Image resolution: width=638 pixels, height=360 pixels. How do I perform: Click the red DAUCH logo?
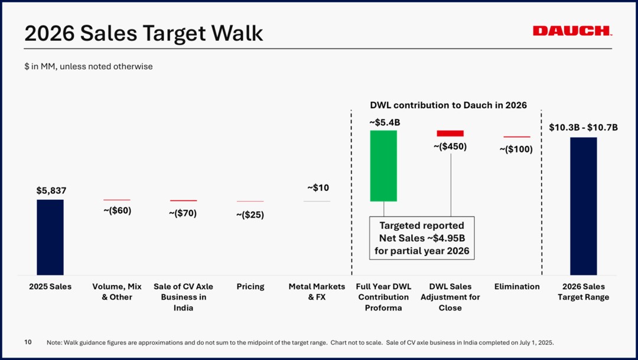pos(572,31)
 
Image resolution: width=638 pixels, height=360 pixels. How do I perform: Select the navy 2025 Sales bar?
pos(50,237)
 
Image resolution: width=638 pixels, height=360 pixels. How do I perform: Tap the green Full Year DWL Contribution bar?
pos(383,166)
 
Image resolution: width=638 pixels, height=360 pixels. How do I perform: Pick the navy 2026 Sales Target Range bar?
pos(584,206)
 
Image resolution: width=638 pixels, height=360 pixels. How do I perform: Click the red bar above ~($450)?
pos(450,133)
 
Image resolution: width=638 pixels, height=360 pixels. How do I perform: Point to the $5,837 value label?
pos(51,190)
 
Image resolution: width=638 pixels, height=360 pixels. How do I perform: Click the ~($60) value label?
pos(117,210)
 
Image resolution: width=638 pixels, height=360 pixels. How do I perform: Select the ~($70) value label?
pos(183,213)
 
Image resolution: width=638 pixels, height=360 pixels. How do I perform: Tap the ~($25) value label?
pos(250,215)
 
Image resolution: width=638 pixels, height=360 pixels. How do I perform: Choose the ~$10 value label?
pos(318,188)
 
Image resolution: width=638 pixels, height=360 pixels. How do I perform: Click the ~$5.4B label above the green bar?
pos(385,122)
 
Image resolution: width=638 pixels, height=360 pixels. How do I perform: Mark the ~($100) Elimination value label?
pos(516,149)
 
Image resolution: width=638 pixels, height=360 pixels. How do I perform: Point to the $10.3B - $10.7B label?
pos(584,128)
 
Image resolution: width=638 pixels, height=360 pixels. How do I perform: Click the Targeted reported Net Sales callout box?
pos(422,238)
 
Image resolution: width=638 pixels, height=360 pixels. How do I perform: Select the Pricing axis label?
pos(250,287)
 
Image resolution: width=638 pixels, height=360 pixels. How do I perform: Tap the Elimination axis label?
pos(517,287)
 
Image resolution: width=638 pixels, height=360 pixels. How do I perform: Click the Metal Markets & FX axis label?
pos(317,292)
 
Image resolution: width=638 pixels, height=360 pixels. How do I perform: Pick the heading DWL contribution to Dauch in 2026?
pos(448,105)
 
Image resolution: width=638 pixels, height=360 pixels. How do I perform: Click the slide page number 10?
pos(28,342)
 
